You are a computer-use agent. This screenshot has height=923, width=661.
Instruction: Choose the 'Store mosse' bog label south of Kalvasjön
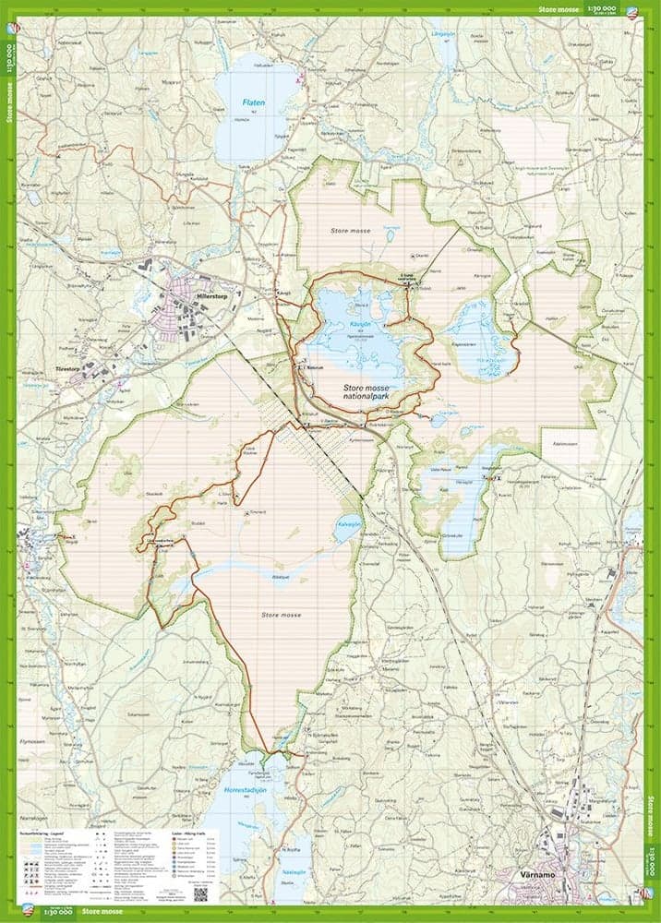pos(282,615)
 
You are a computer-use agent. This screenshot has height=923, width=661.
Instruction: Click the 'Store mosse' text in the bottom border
pos(102,912)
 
